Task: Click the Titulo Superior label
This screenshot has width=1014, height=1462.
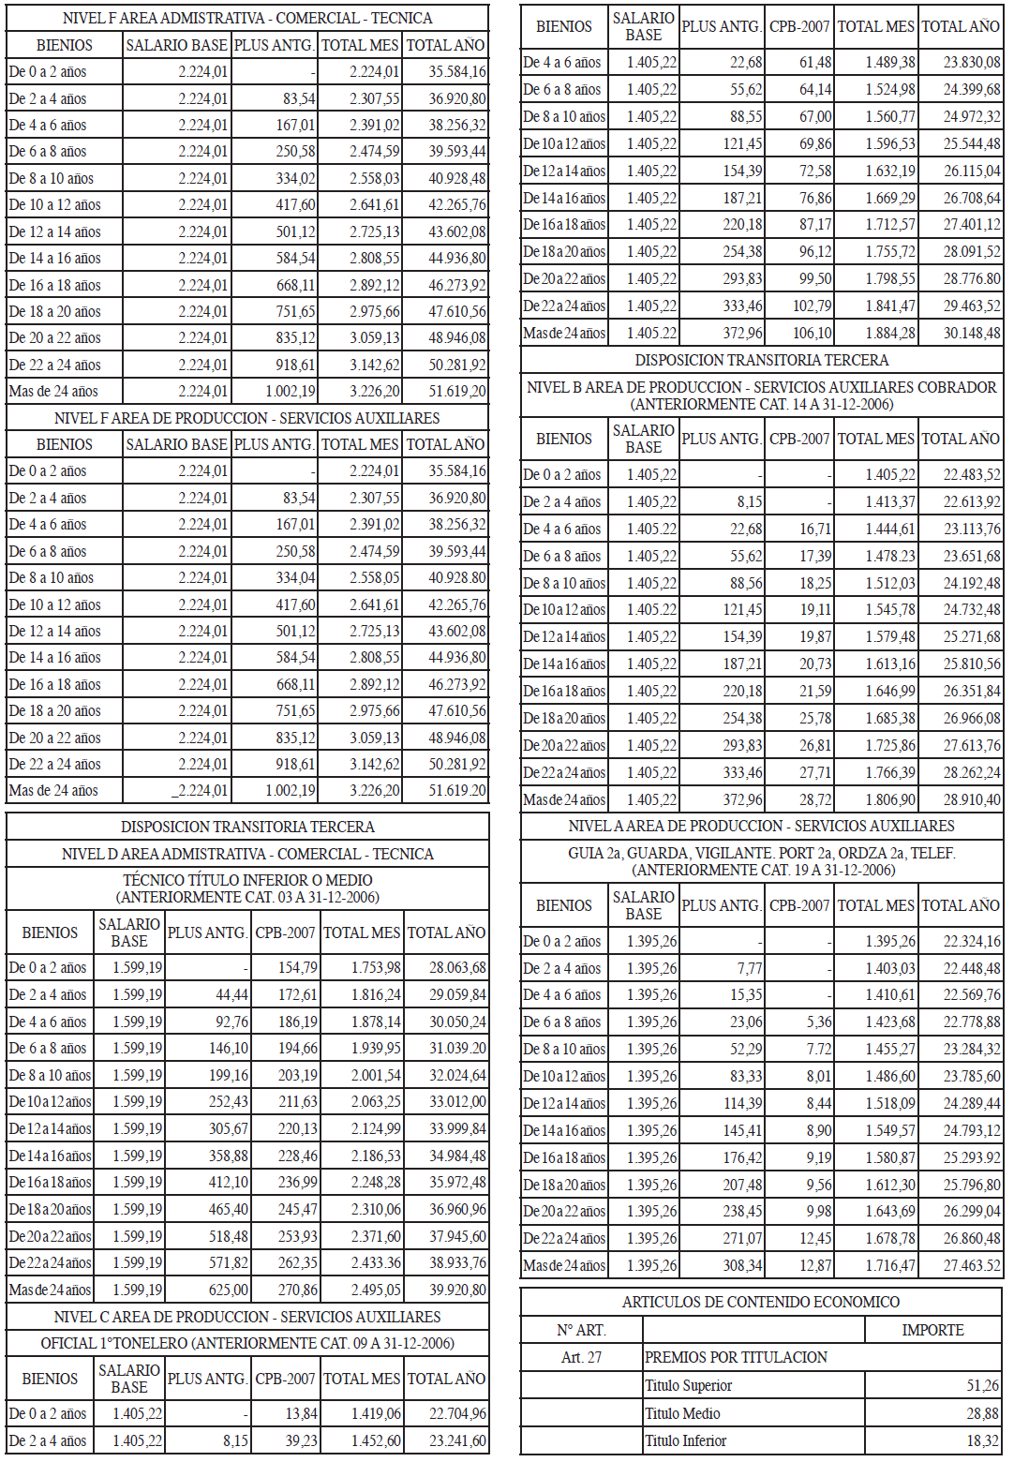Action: pos(688,1385)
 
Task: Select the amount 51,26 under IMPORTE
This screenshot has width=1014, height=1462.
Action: pos(982,1385)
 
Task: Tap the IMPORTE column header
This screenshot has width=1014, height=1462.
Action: pos(932,1330)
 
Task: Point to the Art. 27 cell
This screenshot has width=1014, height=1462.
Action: pos(581,1357)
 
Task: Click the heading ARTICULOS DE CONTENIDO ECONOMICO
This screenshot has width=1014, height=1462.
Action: pos(761,1302)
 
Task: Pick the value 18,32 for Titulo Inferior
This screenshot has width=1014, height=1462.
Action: pos(982,1440)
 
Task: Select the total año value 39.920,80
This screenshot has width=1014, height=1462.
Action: pos(457,1290)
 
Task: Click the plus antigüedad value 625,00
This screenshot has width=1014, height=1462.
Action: pos(229,1290)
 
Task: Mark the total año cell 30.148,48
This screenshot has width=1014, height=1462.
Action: pos(972,333)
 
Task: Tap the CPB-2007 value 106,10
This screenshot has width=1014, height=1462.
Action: pos(812,333)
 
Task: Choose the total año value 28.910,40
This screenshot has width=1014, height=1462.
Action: pos(972,799)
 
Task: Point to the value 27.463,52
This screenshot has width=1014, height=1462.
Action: pos(972,1265)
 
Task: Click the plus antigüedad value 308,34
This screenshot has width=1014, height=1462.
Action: pos(742,1265)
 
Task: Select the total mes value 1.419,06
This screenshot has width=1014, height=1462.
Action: pos(376,1413)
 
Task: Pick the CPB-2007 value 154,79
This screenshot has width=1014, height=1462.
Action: pos(298,967)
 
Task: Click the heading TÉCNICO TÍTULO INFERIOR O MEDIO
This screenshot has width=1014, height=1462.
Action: pos(247,880)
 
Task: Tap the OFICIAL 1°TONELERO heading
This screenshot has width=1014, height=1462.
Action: pos(247,1343)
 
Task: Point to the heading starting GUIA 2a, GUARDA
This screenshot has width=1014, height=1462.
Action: pos(761,853)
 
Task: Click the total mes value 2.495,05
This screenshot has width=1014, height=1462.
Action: pos(376,1290)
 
